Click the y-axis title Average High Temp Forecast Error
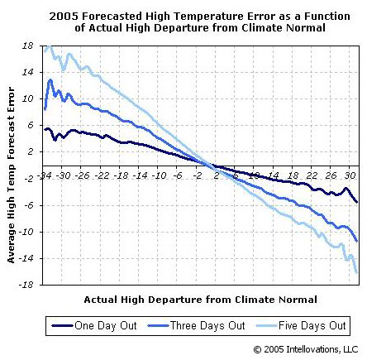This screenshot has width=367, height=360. point(12,166)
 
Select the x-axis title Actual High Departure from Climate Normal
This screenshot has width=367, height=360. point(200,299)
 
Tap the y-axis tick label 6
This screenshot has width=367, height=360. point(29,126)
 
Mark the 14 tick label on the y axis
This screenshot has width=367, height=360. point(26,73)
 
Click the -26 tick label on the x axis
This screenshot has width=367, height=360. point(82,175)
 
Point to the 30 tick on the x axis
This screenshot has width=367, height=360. point(350,175)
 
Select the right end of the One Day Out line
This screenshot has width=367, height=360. point(357,202)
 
